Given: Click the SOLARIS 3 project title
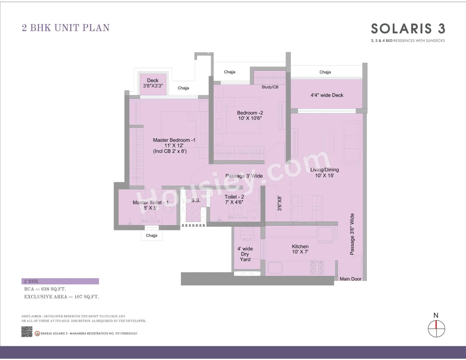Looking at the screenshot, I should click(x=408, y=28).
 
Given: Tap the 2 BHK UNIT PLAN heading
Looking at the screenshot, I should click(x=66, y=28).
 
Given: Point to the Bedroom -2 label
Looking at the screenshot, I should click(x=250, y=115).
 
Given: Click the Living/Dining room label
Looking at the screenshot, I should click(x=324, y=173).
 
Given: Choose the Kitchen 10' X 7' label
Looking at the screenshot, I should click(x=300, y=249).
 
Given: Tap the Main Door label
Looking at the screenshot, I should click(x=350, y=279).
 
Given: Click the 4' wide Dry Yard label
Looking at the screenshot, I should click(x=245, y=254).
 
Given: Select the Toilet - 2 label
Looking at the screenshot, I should click(x=234, y=199).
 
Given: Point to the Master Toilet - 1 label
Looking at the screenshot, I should click(x=150, y=205).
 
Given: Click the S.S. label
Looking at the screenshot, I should click(x=196, y=200).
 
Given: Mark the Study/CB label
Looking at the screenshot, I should click(x=270, y=87).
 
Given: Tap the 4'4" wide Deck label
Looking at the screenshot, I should click(x=327, y=95).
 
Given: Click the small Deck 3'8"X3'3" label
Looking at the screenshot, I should click(x=153, y=83).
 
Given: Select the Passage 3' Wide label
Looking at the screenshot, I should click(x=244, y=176).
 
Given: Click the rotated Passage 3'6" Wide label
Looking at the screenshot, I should click(x=352, y=234).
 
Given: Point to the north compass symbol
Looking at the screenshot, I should click(x=436, y=328).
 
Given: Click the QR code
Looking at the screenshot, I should click(x=27, y=332).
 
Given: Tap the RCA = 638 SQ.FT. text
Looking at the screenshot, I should click(x=45, y=289).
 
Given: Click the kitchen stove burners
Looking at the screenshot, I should click(x=317, y=268).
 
